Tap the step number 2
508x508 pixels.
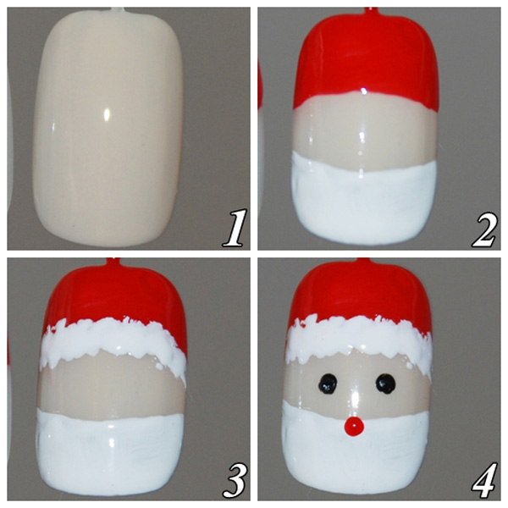click(483, 229)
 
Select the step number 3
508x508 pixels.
click(235, 480)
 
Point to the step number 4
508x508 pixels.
click(484, 480)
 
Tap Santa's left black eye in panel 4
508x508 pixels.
click(328, 384)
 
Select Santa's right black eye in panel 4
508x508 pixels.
click(385, 384)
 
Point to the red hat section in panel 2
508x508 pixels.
click(366, 62)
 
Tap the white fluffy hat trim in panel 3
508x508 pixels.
click(113, 344)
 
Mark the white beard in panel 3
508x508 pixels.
click(111, 454)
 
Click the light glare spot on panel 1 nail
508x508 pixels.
click(107, 114)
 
